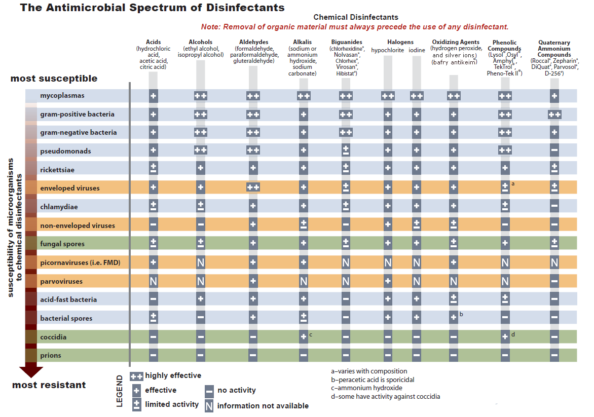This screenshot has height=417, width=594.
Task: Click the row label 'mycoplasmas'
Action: tap(62, 96)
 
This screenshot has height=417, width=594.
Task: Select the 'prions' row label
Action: tap(51, 355)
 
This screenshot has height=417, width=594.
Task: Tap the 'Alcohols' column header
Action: tap(200, 42)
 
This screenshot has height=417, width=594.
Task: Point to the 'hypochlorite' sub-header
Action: tap(388, 50)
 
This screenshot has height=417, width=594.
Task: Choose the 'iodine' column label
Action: tap(417, 50)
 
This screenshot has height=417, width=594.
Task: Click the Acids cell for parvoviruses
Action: tap(153, 281)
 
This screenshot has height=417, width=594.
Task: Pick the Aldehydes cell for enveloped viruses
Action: tap(253, 188)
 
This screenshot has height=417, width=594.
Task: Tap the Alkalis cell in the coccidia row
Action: tap(303, 337)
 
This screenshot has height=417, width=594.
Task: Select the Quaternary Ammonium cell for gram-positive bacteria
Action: tap(554, 115)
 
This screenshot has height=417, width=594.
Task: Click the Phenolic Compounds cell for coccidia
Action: tap(505, 337)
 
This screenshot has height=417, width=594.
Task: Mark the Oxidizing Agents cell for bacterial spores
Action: tap(454, 318)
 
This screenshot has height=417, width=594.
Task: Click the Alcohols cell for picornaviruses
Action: tap(201, 262)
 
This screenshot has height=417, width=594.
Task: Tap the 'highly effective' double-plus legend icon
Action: tap(136, 376)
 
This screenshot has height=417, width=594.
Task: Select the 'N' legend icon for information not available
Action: tap(209, 405)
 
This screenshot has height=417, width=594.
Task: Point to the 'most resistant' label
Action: tap(49, 385)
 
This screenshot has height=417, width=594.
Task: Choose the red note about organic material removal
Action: tap(355, 27)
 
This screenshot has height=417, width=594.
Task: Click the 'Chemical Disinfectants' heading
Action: tap(356, 17)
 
